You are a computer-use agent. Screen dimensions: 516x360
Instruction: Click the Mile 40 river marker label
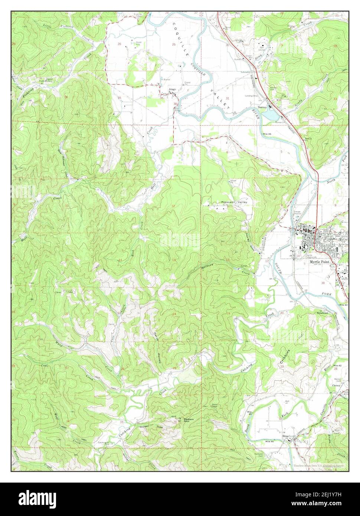pyautogui.click(x=343, y=305)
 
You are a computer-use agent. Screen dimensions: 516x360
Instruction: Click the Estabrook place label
pyautogui.click(x=323, y=313)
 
